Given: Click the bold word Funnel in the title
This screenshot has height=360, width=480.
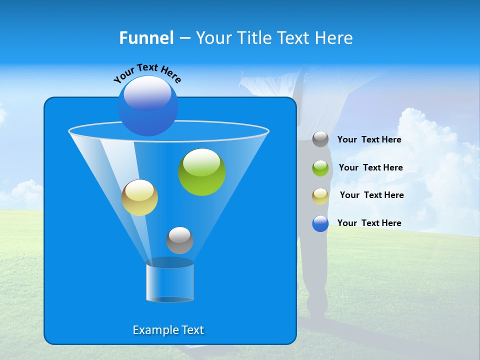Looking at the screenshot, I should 146,38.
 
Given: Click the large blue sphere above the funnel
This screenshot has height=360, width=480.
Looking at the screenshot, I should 147,106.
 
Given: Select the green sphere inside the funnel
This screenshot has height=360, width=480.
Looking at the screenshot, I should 202,172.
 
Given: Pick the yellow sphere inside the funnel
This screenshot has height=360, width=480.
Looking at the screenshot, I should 139,198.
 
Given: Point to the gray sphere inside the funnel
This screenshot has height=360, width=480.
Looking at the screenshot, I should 179,240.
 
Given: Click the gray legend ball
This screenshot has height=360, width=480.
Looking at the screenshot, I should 320,139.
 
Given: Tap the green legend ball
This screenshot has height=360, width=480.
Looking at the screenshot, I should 320,167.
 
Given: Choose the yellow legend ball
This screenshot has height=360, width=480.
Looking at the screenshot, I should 320,195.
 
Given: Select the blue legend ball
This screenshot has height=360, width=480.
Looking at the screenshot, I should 320,223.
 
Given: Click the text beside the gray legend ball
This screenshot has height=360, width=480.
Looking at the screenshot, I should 369,139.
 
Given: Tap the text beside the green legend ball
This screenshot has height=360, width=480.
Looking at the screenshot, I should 370,167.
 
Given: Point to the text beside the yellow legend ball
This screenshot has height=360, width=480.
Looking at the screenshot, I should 371,195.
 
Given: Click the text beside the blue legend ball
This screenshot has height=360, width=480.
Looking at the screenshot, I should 369,223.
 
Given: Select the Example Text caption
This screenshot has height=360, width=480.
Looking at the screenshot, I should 168,330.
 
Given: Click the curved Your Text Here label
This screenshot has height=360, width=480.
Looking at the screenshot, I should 147,72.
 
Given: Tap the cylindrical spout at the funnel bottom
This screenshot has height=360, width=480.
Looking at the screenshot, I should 170,281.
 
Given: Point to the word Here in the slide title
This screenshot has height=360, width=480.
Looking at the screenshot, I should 333,38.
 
